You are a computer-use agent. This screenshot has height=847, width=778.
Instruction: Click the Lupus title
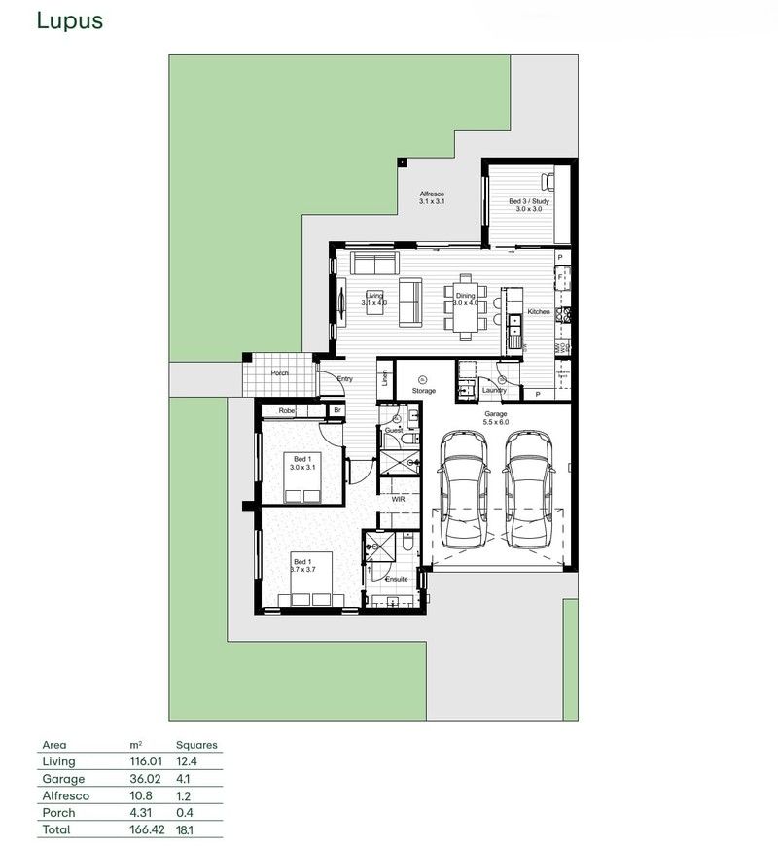(69, 21)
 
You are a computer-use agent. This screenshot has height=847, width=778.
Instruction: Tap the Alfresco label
(432, 195)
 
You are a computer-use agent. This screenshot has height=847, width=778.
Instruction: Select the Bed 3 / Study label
(529, 202)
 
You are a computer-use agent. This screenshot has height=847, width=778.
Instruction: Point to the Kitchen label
(538, 312)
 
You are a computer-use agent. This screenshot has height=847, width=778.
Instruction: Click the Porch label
(279, 372)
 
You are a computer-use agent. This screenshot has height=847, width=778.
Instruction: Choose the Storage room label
(423, 391)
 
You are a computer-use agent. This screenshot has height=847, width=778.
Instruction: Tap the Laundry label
(495, 391)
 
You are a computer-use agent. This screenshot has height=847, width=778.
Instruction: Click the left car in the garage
(464, 491)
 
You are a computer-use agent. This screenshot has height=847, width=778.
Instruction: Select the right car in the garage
(529, 491)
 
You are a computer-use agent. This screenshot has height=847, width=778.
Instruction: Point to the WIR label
(398, 498)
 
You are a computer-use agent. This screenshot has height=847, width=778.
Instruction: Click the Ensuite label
(396, 579)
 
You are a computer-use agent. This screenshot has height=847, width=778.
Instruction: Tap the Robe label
(286, 411)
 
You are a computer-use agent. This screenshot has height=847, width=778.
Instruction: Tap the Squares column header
(197, 745)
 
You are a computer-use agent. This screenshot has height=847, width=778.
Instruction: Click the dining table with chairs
(465, 307)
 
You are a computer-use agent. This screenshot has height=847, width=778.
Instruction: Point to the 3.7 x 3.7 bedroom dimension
(304, 570)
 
